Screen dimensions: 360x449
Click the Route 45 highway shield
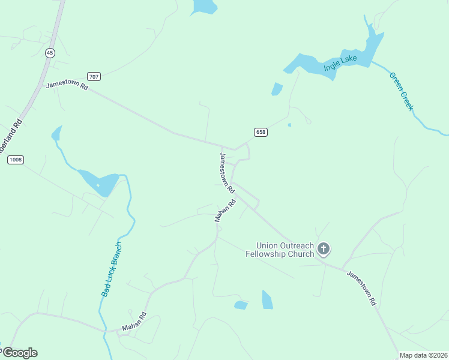(50, 53)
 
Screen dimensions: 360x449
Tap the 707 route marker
(93, 76)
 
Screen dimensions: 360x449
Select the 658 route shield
(260, 133)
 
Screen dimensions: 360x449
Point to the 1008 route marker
(16, 160)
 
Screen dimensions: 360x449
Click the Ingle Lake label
(340, 63)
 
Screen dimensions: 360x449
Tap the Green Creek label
(401, 91)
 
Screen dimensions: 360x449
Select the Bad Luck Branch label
(112, 269)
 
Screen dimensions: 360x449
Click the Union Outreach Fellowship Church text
(285, 250)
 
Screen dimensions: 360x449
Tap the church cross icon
(324, 248)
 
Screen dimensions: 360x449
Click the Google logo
(20, 353)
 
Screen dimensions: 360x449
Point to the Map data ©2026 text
(424, 355)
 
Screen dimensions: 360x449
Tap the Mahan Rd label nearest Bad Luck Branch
(134, 322)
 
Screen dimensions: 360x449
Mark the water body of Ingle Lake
(306, 66)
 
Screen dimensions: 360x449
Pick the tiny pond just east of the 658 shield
(289, 125)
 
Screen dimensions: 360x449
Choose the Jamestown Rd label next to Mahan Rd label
(226, 172)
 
